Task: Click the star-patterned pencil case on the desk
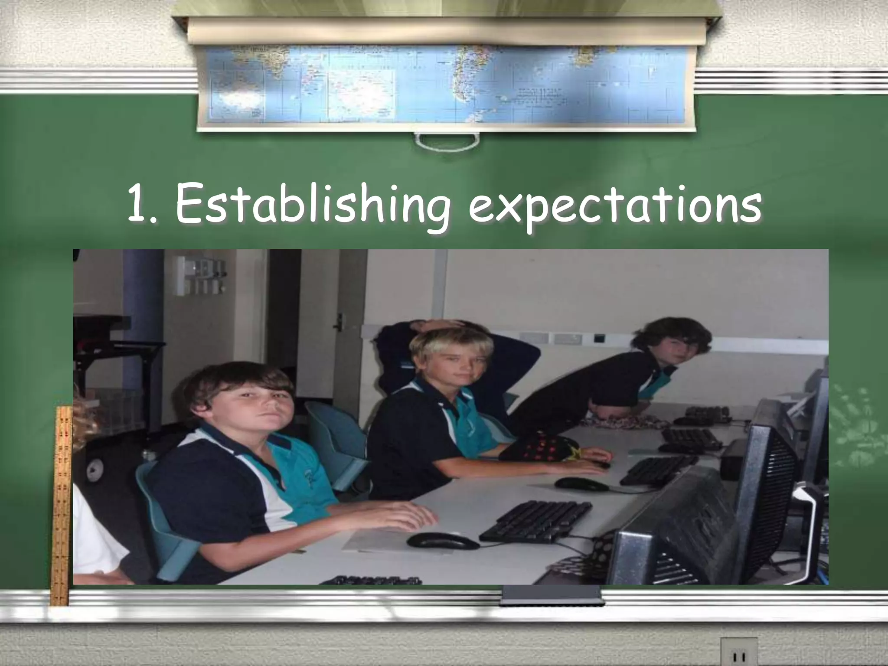tap(542, 447)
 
